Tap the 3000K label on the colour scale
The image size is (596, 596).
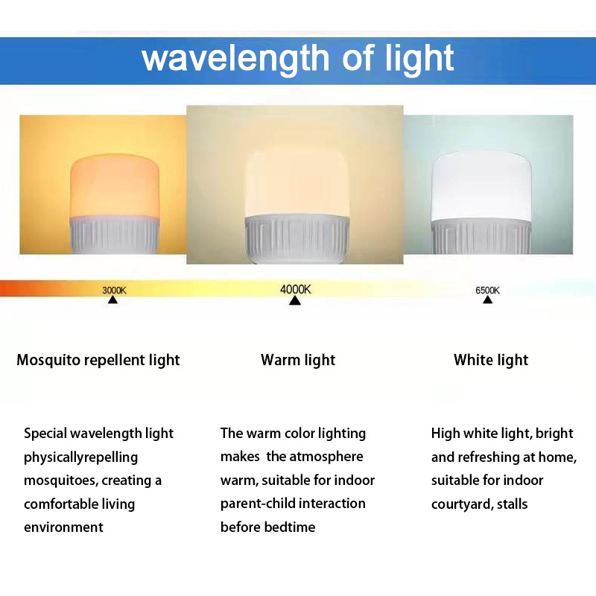click(114, 290)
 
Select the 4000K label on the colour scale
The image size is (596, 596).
click(295, 288)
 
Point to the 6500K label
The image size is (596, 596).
click(487, 290)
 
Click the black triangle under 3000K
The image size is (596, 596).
click(112, 300)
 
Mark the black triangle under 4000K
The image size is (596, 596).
click(295, 300)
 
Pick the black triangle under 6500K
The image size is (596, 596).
click(487, 300)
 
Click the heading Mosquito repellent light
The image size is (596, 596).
click(98, 361)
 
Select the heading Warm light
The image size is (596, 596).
click(298, 361)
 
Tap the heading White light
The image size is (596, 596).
click(491, 361)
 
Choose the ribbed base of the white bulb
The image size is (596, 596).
click(480, 237)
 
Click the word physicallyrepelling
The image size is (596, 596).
click(80, 457)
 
